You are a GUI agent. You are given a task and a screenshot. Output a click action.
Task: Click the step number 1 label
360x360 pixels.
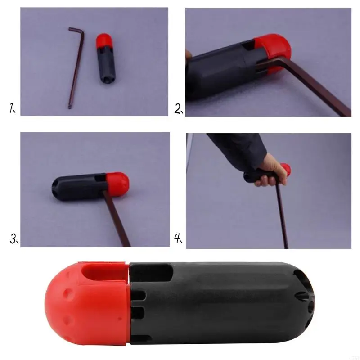tap(12, 108)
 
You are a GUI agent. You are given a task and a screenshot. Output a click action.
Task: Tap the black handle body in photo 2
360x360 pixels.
tap(216, 72)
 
